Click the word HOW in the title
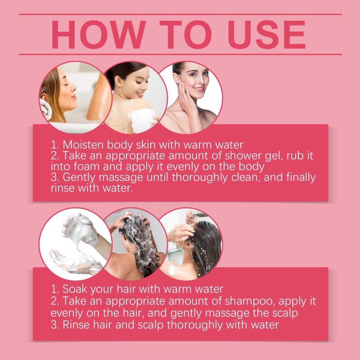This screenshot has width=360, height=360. click(99, 35)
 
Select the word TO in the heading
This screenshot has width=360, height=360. click(185, 35)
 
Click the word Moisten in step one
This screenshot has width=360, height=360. click(83, 145)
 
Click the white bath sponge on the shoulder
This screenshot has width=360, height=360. click(143, 119)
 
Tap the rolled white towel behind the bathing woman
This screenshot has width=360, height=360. click(45, 108)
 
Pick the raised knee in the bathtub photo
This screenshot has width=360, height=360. click(99, 96)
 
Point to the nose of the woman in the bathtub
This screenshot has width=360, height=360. click(73, 87)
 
